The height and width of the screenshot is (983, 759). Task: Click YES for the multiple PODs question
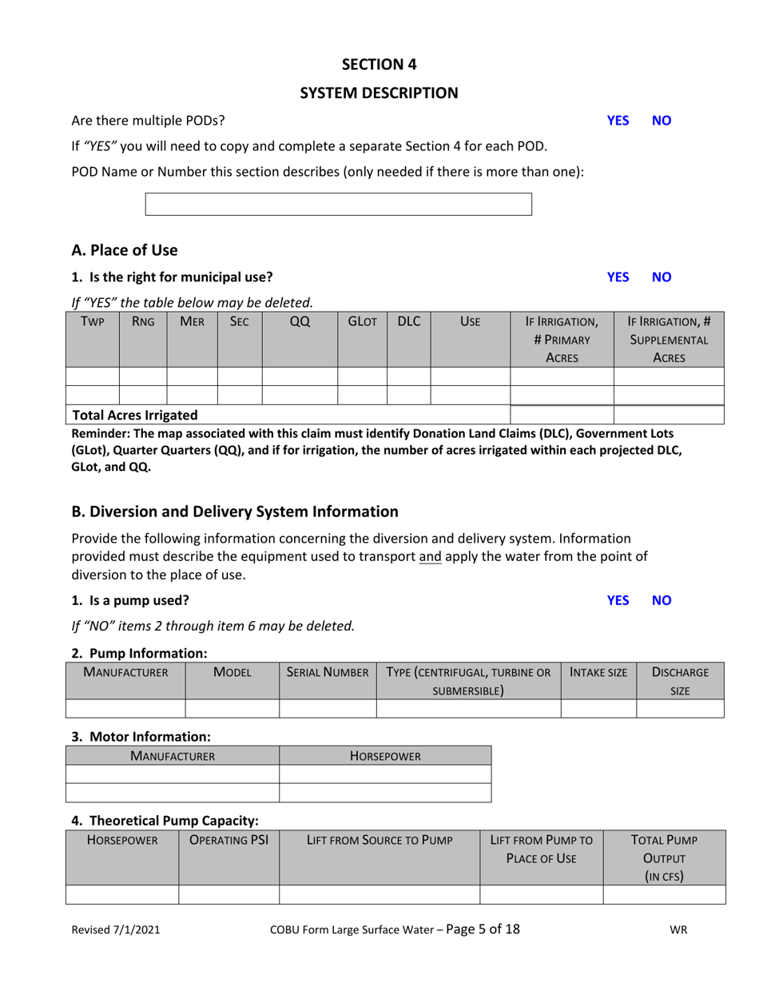[618, 121]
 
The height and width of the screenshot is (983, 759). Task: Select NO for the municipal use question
[662, 277]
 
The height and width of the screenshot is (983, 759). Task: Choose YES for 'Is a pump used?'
[618, 600]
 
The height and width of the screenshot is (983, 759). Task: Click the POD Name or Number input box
[338, 205]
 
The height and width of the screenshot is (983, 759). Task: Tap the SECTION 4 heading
[379, 65]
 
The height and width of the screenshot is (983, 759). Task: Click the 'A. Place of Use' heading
[125, 250]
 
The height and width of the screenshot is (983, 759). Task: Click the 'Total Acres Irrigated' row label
[135, 415]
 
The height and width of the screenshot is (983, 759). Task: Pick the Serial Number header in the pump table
[328, 672]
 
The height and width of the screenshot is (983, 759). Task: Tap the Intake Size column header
[598, 672]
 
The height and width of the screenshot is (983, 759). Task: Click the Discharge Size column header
[680, 681]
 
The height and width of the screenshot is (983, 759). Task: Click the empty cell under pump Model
[232, 708]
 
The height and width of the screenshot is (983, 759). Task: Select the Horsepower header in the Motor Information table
[385, 755]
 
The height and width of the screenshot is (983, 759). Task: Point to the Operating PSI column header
[228, 840]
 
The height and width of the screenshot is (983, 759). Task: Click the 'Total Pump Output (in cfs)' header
[664, 858]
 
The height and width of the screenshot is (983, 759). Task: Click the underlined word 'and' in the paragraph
[430, 556]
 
